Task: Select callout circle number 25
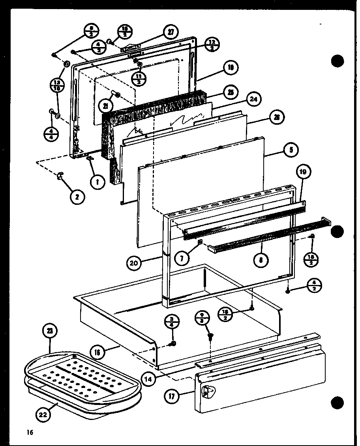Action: pyautogui.click(x=229, y=93)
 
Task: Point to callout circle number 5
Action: pyautogui.click(x=291, y=149)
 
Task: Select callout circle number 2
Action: pyautogui.click(x=77, y=196)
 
